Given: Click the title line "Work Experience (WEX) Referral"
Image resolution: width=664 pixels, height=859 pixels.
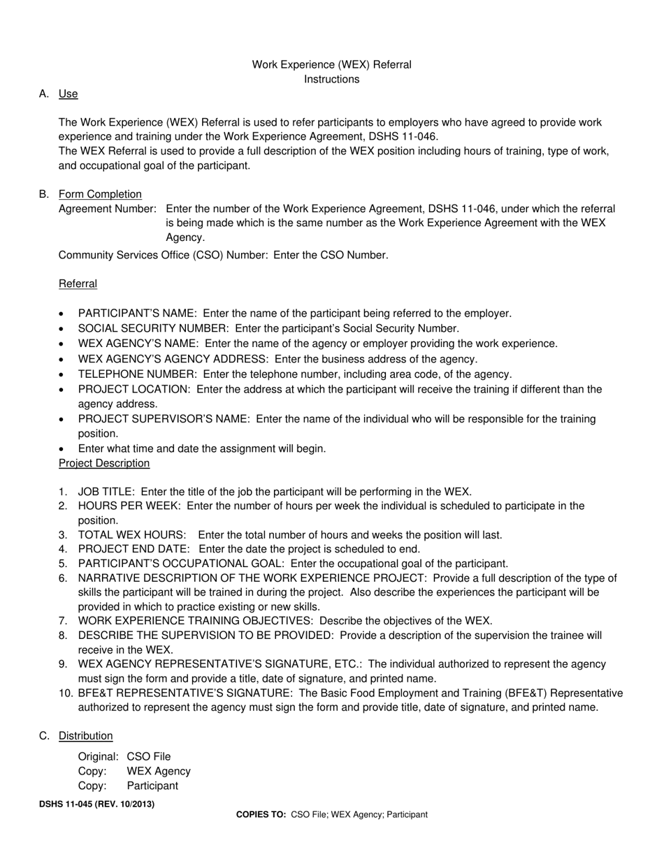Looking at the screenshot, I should point(331,64).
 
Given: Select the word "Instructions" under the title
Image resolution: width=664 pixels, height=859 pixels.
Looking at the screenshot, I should point(331,79).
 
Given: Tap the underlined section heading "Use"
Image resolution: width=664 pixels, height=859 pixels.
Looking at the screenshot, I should point(68,94).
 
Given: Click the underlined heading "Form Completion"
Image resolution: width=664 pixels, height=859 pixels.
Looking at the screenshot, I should point(100,194).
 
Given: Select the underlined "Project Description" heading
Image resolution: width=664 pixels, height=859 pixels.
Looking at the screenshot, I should point(103,463).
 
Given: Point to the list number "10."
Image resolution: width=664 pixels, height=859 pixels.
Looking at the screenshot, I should point(66,693).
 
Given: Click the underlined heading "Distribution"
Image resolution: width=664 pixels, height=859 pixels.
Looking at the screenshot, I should point(85,735).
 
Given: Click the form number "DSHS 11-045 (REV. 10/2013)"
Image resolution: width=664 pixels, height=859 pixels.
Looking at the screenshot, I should point(97,804).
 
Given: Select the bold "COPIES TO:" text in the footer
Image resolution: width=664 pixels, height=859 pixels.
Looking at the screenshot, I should point(261,814).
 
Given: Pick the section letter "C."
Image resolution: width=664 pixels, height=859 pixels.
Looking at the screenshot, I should point(45,735).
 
